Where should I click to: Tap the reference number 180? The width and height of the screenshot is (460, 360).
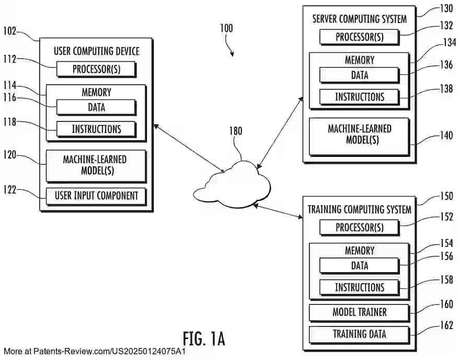point(236,131)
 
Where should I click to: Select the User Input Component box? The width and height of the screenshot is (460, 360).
point(96,196)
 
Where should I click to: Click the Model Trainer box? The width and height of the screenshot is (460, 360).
point(359,312)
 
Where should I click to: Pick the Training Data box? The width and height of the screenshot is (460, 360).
point(359,334)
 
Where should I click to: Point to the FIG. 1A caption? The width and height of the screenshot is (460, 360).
point(204,339)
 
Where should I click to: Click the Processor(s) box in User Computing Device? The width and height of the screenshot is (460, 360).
point(96,69)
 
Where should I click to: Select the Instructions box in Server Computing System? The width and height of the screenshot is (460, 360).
point(359,97)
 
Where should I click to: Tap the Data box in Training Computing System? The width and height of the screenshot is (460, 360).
point(359,266)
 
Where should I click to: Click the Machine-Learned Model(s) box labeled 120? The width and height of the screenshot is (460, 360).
point(96,165)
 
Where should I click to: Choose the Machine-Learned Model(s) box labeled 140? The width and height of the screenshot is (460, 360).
point(359,134)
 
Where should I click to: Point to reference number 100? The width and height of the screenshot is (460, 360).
point(226,28)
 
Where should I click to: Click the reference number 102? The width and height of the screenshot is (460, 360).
point(10,31)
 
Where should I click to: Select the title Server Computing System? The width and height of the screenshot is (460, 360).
point(359,19)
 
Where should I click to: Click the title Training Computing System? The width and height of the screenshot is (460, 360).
point(359,210)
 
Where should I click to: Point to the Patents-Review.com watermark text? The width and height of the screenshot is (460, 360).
point(94,352)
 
